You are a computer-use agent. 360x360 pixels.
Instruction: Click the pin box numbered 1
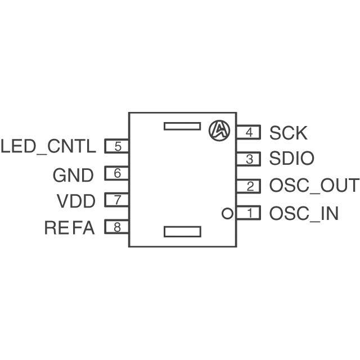coord(248,213)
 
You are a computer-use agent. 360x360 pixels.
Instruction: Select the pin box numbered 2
coord(248,186)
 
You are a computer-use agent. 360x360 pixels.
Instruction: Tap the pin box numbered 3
coord(248,159)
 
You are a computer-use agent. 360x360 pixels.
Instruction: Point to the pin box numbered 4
coord(248,133)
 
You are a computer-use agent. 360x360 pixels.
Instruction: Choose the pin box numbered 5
coord(117,147)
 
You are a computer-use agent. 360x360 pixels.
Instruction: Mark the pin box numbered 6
coord(117,174)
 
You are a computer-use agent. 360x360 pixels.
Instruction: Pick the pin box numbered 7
coord(117,200)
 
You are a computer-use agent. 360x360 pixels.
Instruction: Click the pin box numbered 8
coord(117,227)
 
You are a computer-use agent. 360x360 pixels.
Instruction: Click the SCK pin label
coord(288,133)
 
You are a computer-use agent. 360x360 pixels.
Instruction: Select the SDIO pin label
coord(291,160)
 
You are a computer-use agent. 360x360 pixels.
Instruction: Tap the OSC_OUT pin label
coord(313,186)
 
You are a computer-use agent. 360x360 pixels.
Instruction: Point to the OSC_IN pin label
coord(304,214)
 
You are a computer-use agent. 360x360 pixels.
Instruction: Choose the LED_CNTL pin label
coord(48,147)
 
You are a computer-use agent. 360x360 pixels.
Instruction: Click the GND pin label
coord(73,175)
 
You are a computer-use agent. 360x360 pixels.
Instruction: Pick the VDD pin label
coord(76,201)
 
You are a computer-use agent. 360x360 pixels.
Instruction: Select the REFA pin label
coord(70,228)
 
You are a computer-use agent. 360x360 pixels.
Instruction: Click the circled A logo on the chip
coord(219,130)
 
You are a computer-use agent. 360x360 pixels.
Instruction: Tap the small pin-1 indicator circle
coord(227,213)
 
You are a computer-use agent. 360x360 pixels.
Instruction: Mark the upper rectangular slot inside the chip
coord(182,125)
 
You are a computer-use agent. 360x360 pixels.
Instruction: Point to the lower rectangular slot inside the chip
coord(182,231)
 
